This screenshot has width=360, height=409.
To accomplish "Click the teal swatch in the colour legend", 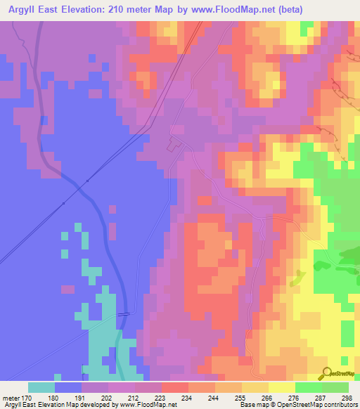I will point(41,387).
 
